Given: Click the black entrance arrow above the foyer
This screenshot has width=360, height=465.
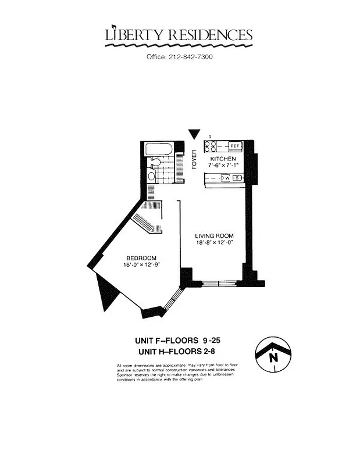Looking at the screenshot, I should pyautogui.click(x=194, y=134).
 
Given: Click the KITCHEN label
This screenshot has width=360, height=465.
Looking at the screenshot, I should pyautogui.click(x=223, y=159).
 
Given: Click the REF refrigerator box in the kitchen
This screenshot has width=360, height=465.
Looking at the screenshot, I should pyautogui.click(x=235, y=146).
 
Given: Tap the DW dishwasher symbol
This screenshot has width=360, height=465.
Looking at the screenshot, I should pyautogui.click(x=226, y=178).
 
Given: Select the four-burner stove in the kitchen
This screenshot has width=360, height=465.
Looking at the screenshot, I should pyautogui.click(x=210, y=146).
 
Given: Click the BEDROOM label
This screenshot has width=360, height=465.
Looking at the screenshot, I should pyautogui.click(x=142, y=257).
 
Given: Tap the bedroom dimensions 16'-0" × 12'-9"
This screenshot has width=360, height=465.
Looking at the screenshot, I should pyautogui.click(x=142, y=265).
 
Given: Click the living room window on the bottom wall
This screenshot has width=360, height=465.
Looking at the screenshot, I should pyautogui.click(x=219, y=284).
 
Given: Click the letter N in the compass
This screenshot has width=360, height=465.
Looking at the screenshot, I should pyautogui.click(x=272, y=358).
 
